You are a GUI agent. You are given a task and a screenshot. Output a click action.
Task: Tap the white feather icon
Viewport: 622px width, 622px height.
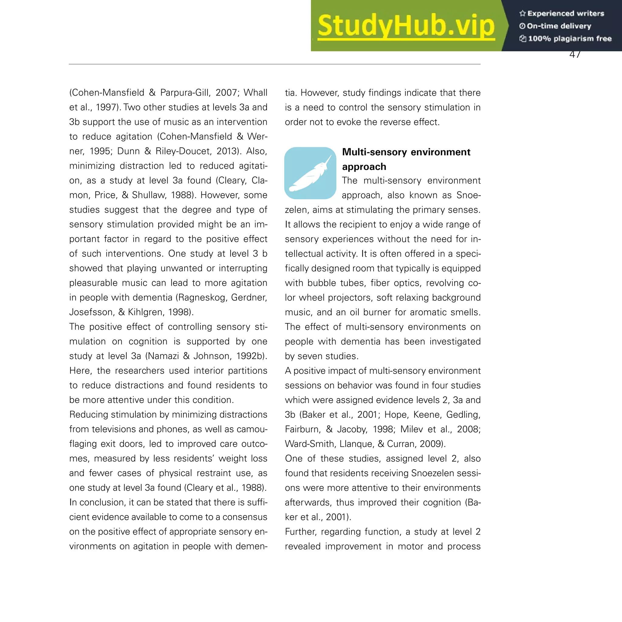coord(310,174)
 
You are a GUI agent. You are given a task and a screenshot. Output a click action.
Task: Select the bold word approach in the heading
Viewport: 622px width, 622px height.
coord(364,167)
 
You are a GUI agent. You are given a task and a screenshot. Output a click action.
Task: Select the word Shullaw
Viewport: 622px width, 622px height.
coord(149,195)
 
